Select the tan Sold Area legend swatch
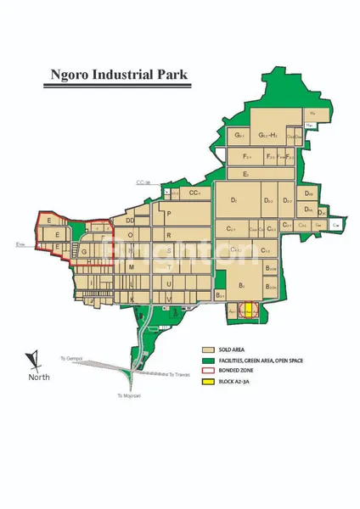click(x=206, y=350)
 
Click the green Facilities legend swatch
click(x=206, y=361)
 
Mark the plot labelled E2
click(x=245, y=174)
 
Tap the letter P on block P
click(x=169, y=214)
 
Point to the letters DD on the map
click(x=131, y=221)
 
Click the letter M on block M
click(x=132, y=266)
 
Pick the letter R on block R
click(x=169, y=235)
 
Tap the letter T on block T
click(x=132, y=283)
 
